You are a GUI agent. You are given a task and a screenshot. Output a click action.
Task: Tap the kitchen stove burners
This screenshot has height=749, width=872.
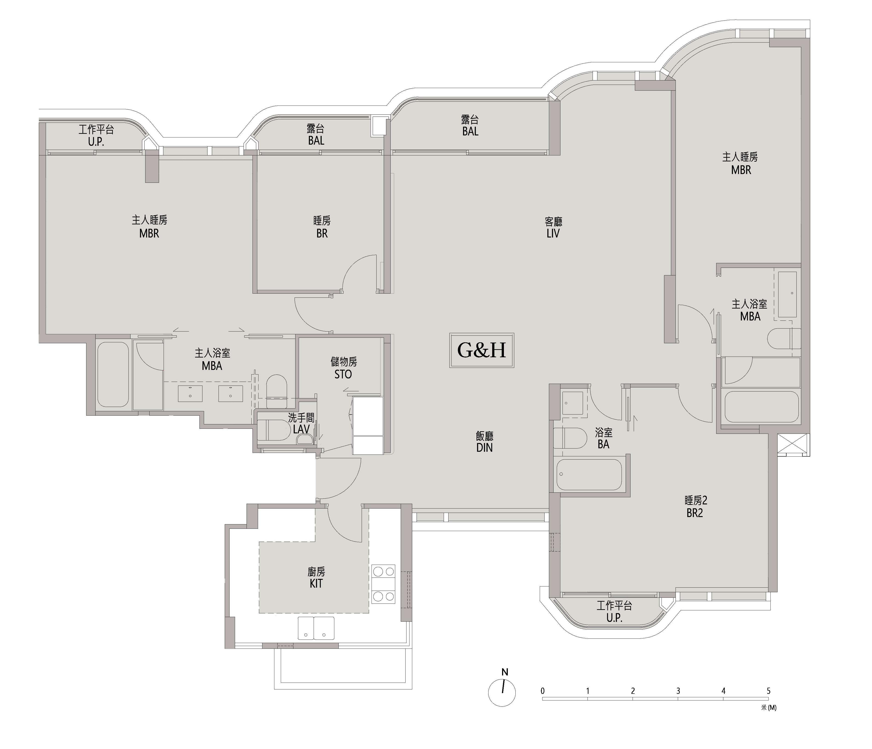pos(383,584)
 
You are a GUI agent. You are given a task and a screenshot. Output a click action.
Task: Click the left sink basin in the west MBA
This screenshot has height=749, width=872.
pos(190,394)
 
